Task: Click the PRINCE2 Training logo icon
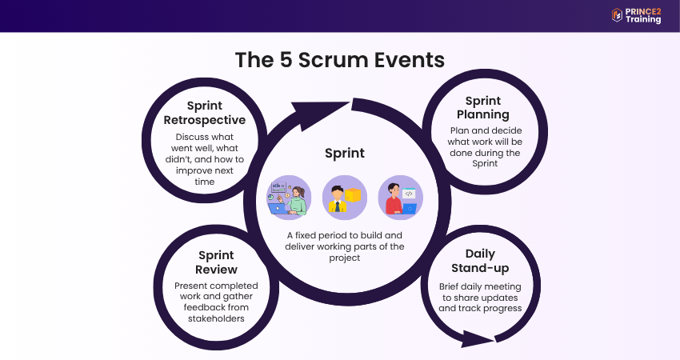click(x=617, y=14)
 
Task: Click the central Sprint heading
click(x=344, y=153)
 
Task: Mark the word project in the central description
click(x=344, y=258)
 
